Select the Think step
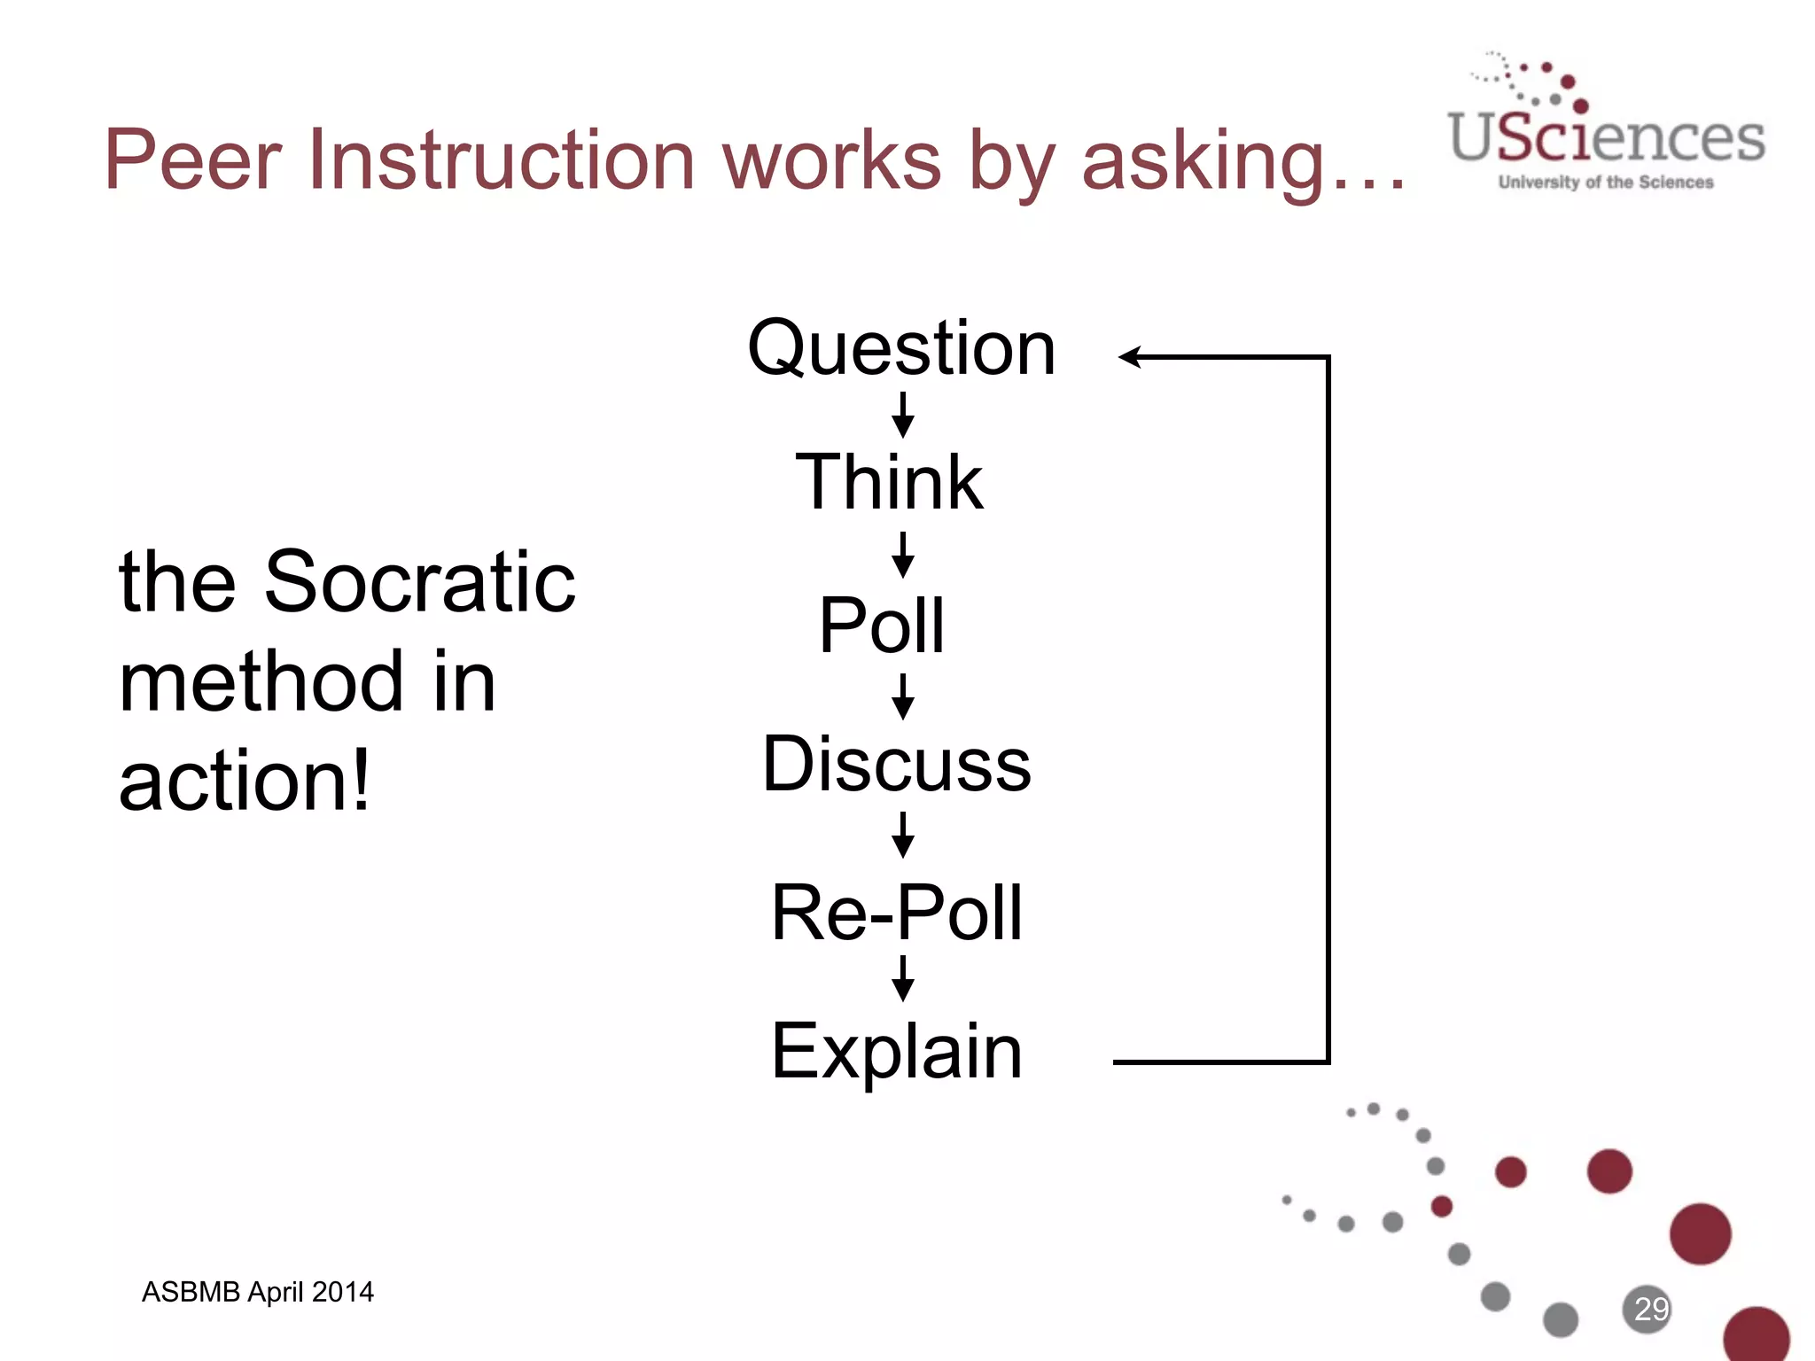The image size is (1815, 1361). tap(889, 482)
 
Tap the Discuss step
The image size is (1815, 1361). tap(897, 764)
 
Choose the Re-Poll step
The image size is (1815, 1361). tap(897, 913)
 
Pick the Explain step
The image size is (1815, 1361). tap(897, 1052)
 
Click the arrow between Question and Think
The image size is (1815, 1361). tap(903, 415)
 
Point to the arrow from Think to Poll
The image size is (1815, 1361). tap(903, 555)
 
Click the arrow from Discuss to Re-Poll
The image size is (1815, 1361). tap(903, 835)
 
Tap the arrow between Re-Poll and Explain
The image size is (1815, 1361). tap(903, 977)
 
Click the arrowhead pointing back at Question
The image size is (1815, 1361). tap(1131, 357)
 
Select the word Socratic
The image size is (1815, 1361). tap(420, 582)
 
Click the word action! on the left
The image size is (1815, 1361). tap(245, 782)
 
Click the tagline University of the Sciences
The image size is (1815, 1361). tap(1606, 183)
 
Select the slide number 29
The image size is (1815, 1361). tap(1650, 1309)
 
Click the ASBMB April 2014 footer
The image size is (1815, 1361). tap(258, 1292)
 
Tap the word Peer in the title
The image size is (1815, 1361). tap(192, 160)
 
